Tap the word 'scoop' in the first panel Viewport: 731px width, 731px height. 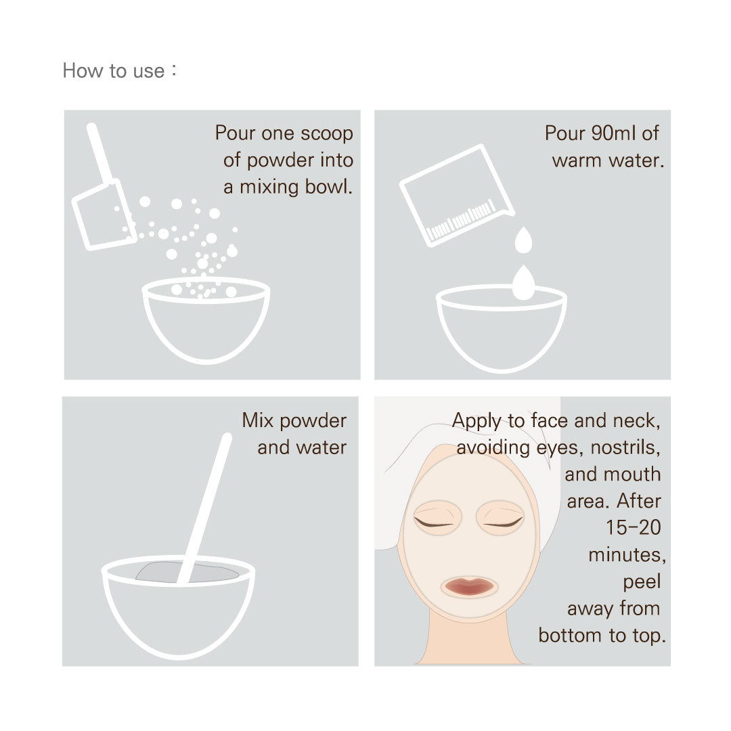327,133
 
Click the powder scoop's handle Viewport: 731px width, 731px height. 99,153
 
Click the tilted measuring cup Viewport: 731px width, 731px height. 457,195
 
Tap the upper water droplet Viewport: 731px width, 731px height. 523,240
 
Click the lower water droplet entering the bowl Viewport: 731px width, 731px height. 523,282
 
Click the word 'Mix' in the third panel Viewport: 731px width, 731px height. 257,420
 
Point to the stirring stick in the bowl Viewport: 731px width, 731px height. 204,508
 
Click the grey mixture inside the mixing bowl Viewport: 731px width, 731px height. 187,572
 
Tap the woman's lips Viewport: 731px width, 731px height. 470,586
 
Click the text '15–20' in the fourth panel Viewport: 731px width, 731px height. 633,528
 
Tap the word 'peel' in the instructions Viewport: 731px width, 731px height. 642,582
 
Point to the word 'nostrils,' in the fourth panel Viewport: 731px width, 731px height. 625,447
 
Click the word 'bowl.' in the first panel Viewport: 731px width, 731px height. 329,187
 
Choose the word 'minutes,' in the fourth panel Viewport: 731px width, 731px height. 627,555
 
